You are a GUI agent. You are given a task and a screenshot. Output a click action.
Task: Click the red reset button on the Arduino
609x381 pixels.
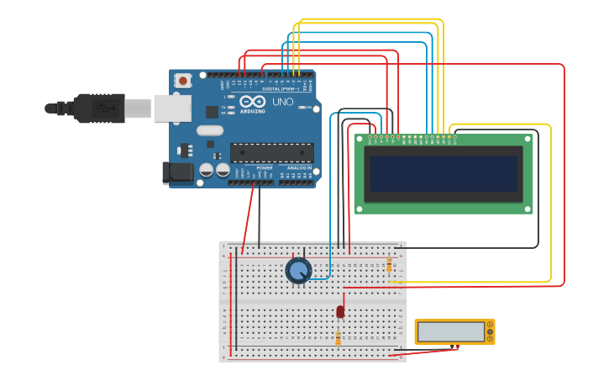[x=182, y=81]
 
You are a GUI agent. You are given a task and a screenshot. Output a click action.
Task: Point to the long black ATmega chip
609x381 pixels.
[x=271, y=153]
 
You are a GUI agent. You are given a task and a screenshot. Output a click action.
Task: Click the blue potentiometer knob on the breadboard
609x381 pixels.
[x=298, y=270]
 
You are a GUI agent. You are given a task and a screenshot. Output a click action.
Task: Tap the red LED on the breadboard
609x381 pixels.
[x=340, y=311]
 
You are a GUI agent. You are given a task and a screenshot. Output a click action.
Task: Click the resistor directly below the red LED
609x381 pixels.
[x=338, y=338]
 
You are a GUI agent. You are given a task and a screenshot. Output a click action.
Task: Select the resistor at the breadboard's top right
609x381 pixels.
[x=389, y=266]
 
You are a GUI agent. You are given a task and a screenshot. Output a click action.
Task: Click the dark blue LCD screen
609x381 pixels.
[x=443, y=173]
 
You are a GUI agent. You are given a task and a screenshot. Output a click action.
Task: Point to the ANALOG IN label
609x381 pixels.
[x=299, y=168]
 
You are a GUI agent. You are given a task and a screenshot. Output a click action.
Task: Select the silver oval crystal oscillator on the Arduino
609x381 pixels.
[x=210, y=130]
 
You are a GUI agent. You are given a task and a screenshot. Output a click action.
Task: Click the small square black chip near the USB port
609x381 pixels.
[x=212, y=111]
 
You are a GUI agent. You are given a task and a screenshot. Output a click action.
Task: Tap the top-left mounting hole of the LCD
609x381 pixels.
[x=360, y=139]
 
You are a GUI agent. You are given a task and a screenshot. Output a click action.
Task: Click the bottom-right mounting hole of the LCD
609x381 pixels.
[x=528, y=209]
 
